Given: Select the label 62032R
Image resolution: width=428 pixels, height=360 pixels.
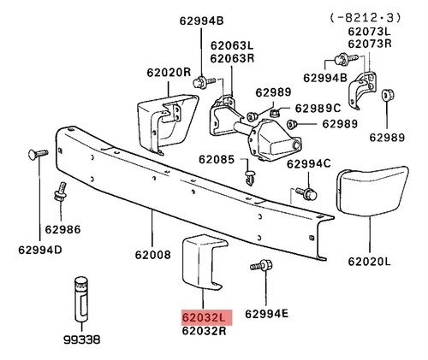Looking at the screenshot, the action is [x=205, y=331].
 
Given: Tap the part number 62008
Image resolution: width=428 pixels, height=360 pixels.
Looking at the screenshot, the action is [x=153, y=255].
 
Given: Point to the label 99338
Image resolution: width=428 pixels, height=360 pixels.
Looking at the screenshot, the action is [x=82, y=339].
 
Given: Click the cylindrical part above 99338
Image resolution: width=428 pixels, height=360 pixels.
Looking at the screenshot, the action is [x=81, y=298].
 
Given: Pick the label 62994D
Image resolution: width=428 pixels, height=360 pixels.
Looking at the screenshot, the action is [x=40, y=250].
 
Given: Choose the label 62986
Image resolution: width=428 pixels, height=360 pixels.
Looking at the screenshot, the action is [x=62, y=229].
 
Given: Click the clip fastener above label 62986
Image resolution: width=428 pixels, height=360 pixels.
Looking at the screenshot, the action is [x=61, y=192].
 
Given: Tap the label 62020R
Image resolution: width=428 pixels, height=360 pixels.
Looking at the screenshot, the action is [x=169, y=73].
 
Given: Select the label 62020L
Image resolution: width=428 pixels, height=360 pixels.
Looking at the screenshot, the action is [x=369, y=262].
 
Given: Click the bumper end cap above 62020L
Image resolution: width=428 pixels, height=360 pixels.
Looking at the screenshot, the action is [x=372, y=192].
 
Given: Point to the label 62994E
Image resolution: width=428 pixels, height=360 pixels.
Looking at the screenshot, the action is [x=267, y=314].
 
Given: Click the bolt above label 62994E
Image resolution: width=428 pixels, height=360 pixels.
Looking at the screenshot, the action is [x=262, y=265].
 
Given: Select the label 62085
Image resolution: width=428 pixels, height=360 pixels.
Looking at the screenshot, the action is [x=217, y=159].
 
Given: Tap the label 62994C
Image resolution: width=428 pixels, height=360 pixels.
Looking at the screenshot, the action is [x=309, y=163].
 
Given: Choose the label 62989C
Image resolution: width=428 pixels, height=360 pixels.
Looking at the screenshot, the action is [x=318, y=109].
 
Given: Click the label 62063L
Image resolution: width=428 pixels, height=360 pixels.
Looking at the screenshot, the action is [x=232, y=45].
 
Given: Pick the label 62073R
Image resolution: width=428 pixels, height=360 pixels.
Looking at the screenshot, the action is [x=370, y=44].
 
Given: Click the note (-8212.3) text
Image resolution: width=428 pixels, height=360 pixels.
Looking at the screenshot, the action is [x=366, y=18].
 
